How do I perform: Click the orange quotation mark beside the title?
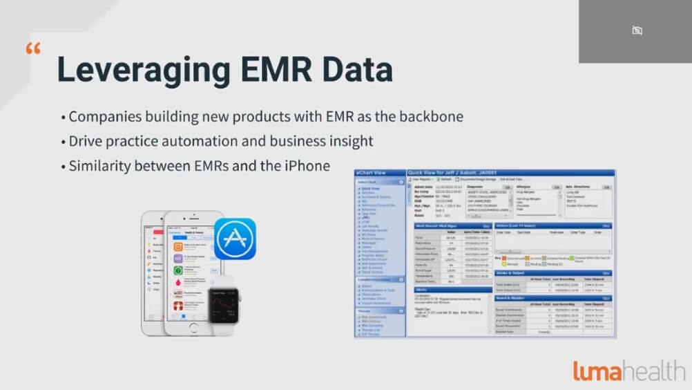[32, 49]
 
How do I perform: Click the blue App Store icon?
[235, 239]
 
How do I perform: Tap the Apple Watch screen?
[223, 308]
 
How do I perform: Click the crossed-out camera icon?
[637, 30]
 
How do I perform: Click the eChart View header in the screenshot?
[371, 172]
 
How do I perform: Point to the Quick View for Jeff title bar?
[442, 172]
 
